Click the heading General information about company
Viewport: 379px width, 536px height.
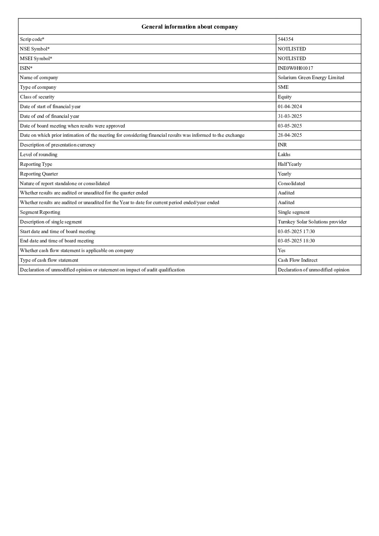pyautogui.click(x=189, y=27)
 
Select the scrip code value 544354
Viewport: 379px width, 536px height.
pyautogui.click(x=286, y=39)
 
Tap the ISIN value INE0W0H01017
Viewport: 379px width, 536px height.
pyautogui.click(x=295, y=68)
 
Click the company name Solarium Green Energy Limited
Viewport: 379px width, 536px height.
pyautogui.click(x=311, y=78)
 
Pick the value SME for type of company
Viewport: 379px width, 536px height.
pyautogui.click(x=283, y=87)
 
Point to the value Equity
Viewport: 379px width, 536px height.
pyautogui.click(x=284, y=97)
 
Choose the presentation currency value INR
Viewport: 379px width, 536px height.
pyautogui.click(x=282, y=145)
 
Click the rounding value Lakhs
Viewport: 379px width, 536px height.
pyautogui.click(x=284, y=155)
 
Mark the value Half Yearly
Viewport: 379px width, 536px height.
pyautogui.click(x=289, y=164)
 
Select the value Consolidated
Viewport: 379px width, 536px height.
pyautogui.click(x=291, y=184)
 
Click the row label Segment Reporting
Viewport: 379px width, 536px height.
pyautogui.click(x=40, y=212)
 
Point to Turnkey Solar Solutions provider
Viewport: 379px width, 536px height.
pyautogui.click(x=312, y=222)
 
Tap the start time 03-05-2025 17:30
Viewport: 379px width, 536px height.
pyautogui.click(x=296, y=232)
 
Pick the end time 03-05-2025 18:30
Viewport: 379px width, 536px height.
pyautogui.click(x=296, y=241)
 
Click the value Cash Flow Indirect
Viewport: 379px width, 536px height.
pyautogui.click(x=297, y=260)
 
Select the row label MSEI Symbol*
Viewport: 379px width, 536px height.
pyautogui.click(x=36, y=59)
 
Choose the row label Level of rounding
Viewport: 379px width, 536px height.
pyautogui.click(x=39, y=155)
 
